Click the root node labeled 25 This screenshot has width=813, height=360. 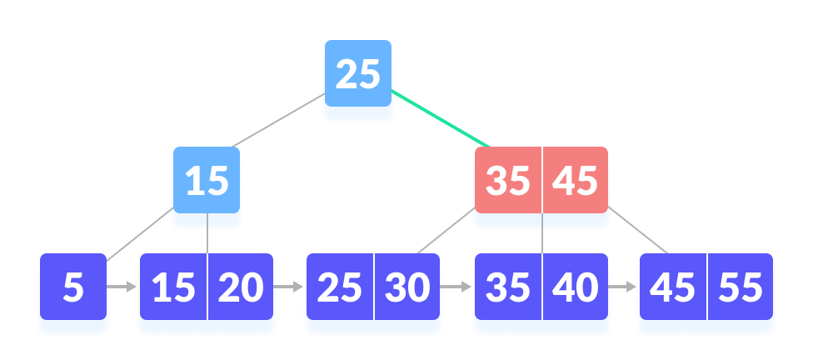[357, 75]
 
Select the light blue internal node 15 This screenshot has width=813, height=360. [207, 181]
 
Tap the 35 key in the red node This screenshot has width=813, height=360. [508, 181]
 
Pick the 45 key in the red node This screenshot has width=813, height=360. [576, 181]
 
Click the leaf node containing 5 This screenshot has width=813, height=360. [73, 287]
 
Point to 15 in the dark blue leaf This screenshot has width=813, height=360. [173, 287]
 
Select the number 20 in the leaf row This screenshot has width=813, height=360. [241, 287]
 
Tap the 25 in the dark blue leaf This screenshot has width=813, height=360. [340, 287]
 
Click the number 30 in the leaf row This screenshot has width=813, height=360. [406, 287]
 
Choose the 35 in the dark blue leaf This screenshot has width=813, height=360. [508, 287]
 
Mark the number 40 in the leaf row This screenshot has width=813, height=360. [576, 287]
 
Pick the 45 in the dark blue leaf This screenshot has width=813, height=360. [672, 287]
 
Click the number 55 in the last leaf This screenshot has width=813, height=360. [741, 287]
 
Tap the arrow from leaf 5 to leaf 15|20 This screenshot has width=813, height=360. [122, 287]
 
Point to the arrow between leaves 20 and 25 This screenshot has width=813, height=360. [289, 287]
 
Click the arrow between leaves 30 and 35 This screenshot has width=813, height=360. [456, 287]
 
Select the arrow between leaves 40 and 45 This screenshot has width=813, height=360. [621, 287]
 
